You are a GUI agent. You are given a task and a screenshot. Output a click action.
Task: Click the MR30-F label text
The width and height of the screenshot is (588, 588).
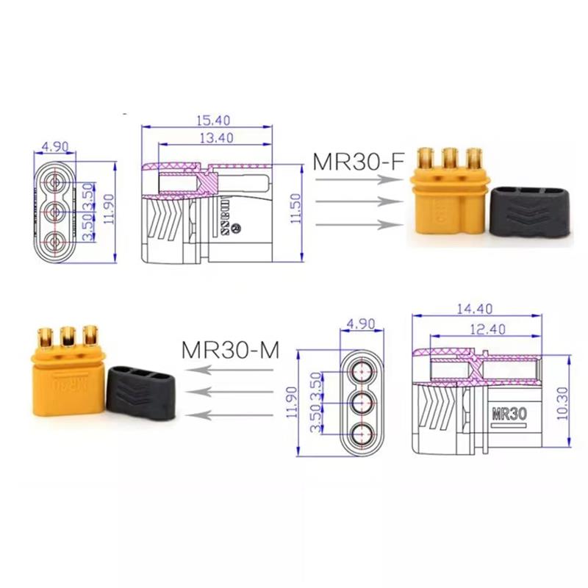[x=359, y=161]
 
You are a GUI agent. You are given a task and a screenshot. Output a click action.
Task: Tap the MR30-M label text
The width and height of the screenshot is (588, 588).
[x=230, y=350]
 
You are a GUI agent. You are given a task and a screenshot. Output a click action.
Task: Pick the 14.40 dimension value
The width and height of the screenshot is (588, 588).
[x=474, y=309]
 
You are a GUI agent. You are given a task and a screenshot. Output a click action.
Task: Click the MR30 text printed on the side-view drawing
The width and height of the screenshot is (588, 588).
[x=508, y=414]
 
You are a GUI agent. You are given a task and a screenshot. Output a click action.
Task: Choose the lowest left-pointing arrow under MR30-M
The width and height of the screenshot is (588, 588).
[x=235, y=415]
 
